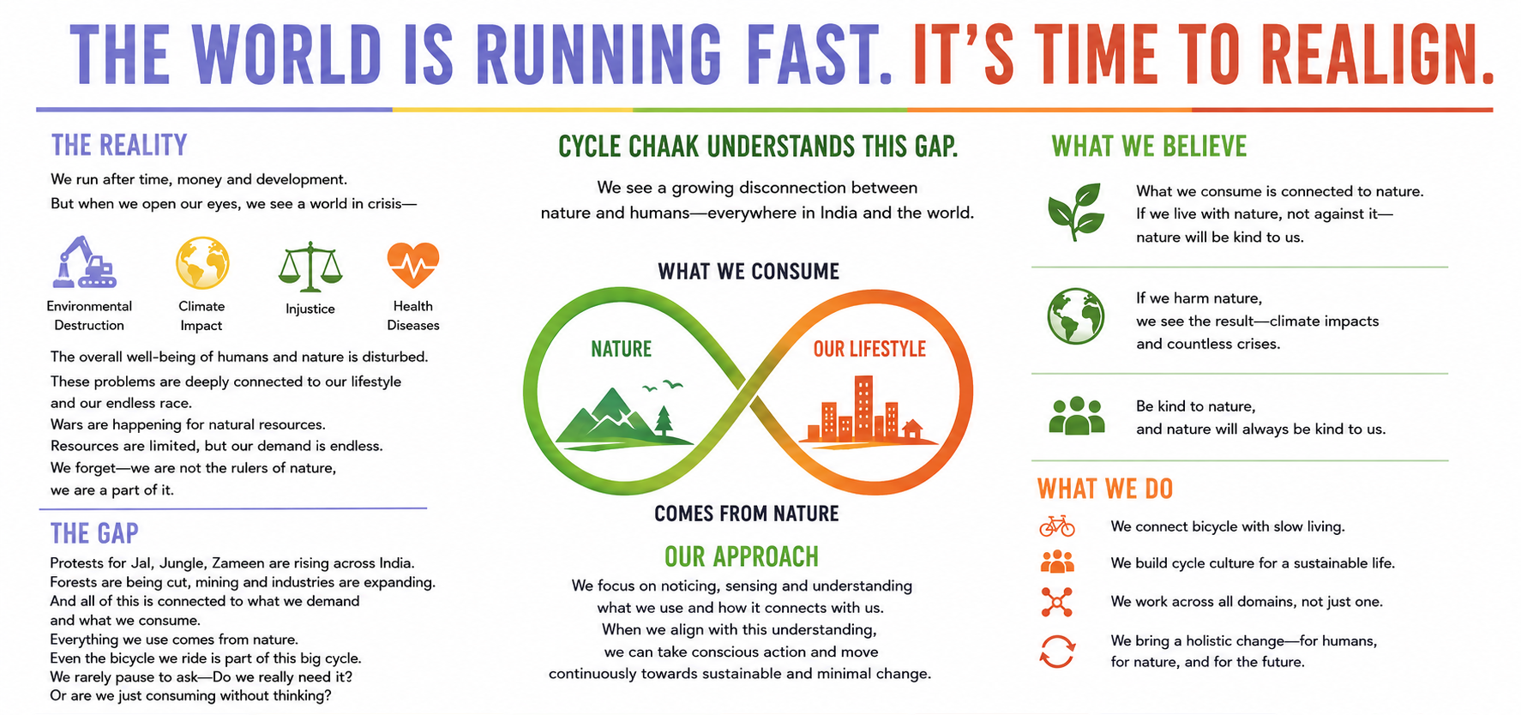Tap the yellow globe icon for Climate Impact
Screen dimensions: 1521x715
202,262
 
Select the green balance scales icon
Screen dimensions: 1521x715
310,266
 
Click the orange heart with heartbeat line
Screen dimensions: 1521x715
413,264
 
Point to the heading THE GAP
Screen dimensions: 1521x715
94,533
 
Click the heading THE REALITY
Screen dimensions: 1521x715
119,145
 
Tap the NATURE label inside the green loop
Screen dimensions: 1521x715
622,349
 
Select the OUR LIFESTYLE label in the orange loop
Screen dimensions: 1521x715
869,349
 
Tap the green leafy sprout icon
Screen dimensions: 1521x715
1075,212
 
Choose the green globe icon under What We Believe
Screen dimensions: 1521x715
1076,316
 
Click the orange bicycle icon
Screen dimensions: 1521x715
1057,526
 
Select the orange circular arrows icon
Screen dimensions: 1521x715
1057,652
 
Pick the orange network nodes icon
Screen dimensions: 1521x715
1057,602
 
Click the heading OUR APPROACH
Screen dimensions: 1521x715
742,557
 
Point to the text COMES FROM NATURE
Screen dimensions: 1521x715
747,514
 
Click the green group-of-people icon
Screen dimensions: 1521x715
1077,417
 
